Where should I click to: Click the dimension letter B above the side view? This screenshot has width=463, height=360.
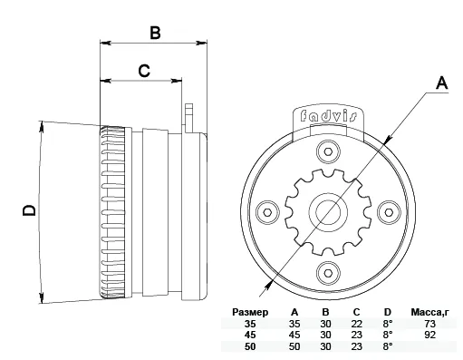tap(155, 33)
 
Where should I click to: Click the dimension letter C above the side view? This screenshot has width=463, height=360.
tap(144, 71)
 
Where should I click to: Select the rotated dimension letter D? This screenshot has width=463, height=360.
tap(29, 210)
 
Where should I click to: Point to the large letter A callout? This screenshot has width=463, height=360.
tap(442, 83)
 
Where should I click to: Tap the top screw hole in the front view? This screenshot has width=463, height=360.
tap(328, 151)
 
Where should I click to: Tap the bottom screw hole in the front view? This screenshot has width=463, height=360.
tap(328, 273)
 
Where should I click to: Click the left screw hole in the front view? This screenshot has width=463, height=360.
tap(267, 212)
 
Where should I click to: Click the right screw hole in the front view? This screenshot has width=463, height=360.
tap(389, 212)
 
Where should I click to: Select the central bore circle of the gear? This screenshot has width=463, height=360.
tap(328, 212)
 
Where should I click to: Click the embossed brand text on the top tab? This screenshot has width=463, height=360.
tap(329, 116)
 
